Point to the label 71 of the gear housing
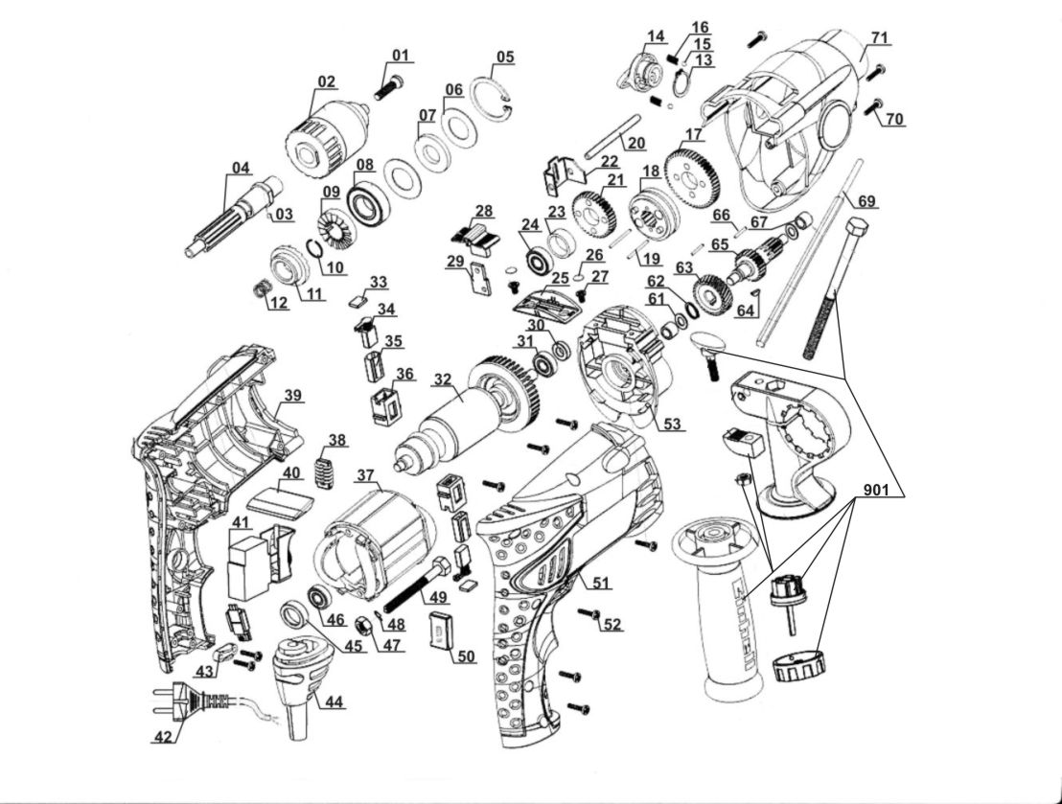[x=879, y=38]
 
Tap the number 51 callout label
[x=601, y=581]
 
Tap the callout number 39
[x=292, y=395]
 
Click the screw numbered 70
[x=873, y=107]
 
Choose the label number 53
[x=673, y=424]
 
